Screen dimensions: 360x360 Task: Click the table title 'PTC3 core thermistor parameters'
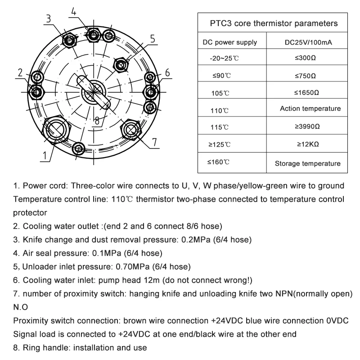click(x=274, y=23)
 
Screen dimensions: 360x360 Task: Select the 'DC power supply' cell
click(x=230, y=43)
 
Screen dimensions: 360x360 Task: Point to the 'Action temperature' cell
click(x=310, y=108)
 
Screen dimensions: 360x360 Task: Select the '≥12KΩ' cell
click(x=308, y=144)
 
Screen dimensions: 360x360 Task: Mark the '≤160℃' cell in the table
click(x=218, y=162)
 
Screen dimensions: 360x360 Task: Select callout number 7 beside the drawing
click(x=154, y=143)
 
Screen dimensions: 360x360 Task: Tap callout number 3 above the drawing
click(x=49, y=18)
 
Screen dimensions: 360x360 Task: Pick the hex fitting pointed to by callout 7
click(x=132, y=130)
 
